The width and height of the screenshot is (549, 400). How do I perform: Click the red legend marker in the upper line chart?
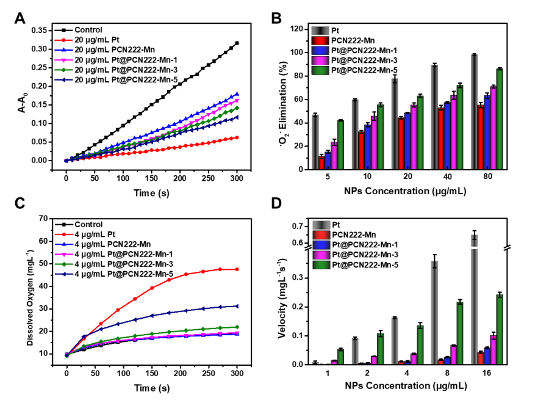click(x=63, y=40)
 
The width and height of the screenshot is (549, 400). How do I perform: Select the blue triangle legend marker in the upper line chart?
click(x=63, y=50)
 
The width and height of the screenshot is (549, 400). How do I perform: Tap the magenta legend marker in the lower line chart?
click(x=63, y=254)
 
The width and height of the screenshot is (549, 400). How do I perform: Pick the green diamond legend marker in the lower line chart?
click(x=63, y=264)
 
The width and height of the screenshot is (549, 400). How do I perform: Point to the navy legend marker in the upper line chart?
click(x=63, y=79)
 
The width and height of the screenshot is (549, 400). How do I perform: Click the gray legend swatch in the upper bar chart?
click(x=320, y=31)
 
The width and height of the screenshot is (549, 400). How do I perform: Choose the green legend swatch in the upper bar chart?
click(x=320, y=70)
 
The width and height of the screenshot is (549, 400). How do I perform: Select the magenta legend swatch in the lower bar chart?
click(x=321, y=255)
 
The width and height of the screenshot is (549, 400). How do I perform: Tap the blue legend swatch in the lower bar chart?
click(x=321, y=245)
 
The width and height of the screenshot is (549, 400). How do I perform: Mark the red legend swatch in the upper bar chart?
click(x=320, y=41)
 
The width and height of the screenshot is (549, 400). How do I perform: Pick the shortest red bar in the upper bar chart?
click(x=321, y=163)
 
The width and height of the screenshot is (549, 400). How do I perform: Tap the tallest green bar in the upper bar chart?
click(x=500, y=119)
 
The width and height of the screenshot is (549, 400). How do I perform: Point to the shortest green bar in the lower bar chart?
click(x=340, y=357)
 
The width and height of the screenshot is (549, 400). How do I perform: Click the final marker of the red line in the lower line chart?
click(x=237, y=269)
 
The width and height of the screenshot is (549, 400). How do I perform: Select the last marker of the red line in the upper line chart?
click(x=237, y=137)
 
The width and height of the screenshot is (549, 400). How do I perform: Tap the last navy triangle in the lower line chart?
click(x=237, y=306)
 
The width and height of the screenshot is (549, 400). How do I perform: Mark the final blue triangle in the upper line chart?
click(x=237, y=93)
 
